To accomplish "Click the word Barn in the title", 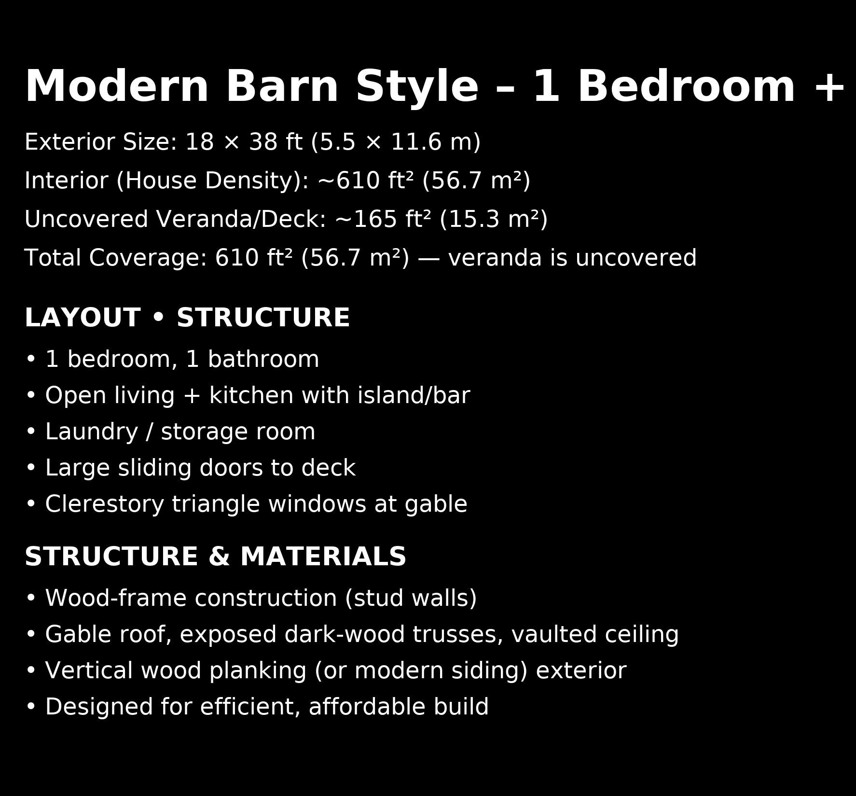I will pos(282,87).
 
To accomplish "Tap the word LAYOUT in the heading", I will pos(83,318).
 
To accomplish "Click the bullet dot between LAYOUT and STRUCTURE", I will pos(158,318).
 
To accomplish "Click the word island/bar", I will pos(414,396).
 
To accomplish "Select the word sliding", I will pos(154,468).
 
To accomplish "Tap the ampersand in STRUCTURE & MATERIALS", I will pos(219,557).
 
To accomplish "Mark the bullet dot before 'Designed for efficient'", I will pos(31,707).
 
